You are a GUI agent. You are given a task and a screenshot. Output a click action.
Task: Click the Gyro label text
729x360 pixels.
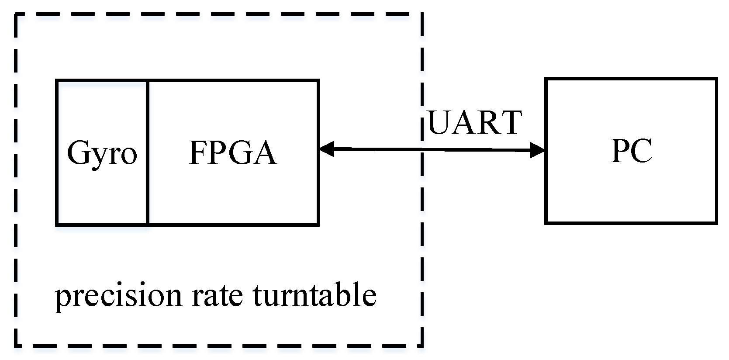click(102, 153)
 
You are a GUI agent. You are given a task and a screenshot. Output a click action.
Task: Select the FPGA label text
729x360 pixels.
click(232, 153)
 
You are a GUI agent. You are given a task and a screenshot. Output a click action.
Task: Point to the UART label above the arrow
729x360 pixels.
click(475, 122)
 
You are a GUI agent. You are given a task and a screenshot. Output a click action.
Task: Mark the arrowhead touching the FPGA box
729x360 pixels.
click(326, 149)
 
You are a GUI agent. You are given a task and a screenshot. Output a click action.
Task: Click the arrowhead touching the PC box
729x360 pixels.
click(538, 151)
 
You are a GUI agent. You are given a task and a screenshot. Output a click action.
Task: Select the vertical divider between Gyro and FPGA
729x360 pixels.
click(148, 153)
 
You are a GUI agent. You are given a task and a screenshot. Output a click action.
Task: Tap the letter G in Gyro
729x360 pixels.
click(77, 153)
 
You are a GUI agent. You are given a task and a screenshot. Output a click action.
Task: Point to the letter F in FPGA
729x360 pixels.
click(197, 153)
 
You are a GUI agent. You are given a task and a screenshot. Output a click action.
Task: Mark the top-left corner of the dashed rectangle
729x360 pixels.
click(16, 15)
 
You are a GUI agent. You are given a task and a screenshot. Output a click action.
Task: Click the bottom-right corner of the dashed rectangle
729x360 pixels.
click(422, 346)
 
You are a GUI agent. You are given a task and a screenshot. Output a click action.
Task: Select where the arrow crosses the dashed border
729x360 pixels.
click(422, 150)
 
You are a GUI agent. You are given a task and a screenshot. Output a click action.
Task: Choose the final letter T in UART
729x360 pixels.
click(511, 122)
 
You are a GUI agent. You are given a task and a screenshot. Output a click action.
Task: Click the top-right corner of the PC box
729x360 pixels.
click(716, 79)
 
